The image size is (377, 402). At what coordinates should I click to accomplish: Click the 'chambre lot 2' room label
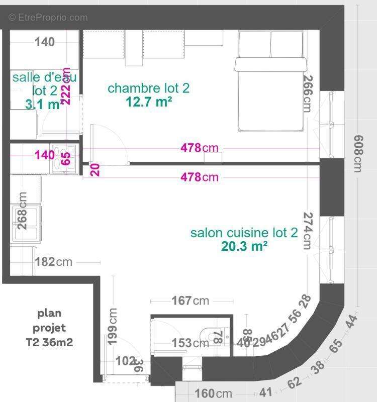tap(148, 88)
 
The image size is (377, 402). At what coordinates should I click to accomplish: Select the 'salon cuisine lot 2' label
tap(244, 233)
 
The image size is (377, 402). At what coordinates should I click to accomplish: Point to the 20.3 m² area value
tap(244, 246)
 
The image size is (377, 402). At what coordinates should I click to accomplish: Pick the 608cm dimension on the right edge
tap(357, 153)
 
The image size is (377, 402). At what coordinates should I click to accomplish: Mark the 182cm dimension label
tap(54, 262)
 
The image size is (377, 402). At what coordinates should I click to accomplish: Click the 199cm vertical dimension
tap(113, 326)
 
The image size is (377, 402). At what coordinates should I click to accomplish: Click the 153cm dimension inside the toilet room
tap(190, 343)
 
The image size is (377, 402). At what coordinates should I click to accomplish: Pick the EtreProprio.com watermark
tap(48, 18)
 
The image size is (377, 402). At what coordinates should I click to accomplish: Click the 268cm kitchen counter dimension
tap(22, 212)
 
